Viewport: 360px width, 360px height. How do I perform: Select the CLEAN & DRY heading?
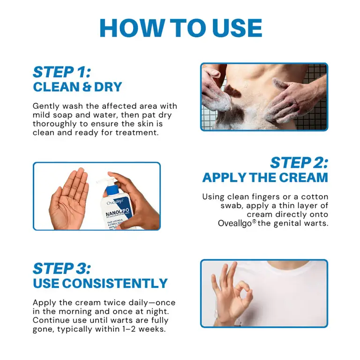(77, 87)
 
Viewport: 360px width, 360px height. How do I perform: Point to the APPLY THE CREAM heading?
(265, 178)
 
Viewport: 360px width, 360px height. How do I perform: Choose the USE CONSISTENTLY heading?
(100, 284)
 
